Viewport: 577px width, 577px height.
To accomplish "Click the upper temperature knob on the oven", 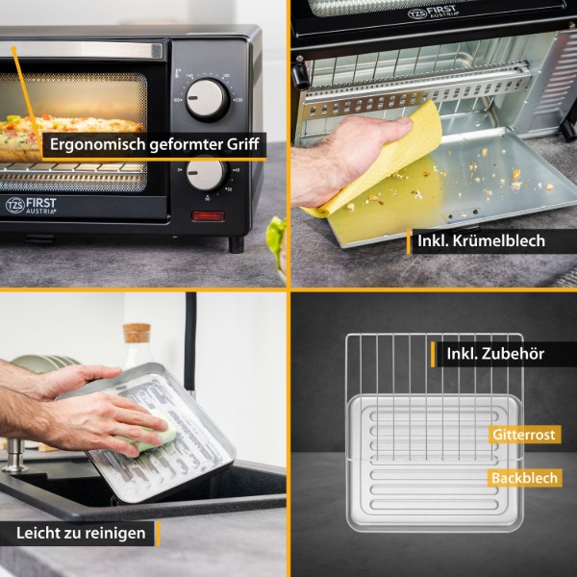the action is pyautogui.click(x=207, y=99).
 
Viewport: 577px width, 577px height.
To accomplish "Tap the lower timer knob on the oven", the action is pyautogui.click(x=206, y=173).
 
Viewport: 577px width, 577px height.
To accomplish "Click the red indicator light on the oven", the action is pyautogui.click(x=208, y=216).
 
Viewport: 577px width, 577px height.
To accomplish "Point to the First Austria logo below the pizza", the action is pyautogui.click(x=31, y=206).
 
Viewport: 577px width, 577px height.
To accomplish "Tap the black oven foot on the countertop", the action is pyautogui.click(x=237, y=244).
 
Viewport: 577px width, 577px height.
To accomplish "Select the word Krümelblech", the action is pyautogui.click(x=498, y=241).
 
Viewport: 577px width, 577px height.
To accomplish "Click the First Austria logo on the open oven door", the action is pyautogui.click(x=434, y=13).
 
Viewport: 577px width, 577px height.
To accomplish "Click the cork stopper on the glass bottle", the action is pyautogui.click(x=137, y=333).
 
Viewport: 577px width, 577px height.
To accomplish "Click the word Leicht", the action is pyautogui.click(x=35, y=533).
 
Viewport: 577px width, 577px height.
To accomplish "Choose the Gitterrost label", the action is pyautogui.click(x=524, y=435).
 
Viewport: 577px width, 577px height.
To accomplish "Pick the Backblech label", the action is pyautogui.click(x=524, y=478).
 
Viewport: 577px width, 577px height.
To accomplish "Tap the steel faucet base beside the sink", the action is pyautogui.click(x=14, y=456).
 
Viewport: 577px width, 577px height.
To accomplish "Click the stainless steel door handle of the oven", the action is pyautogui.click(x=81, y=50).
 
